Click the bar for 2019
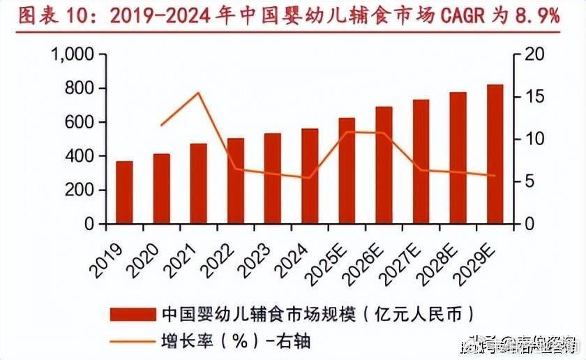(x=124, y=193)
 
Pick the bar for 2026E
(x=384, y=165)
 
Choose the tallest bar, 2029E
(x=495, y=154)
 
